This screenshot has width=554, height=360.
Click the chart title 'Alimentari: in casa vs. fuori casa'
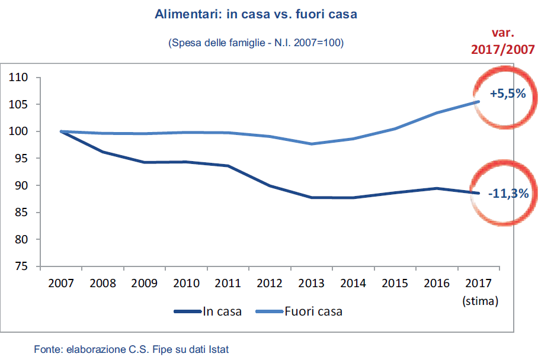pyautogui.click(x=256, y=14)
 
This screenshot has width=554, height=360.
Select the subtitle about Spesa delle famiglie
pyautogui.click(x=256, y=43)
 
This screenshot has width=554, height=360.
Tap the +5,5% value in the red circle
pyautogui.click(x=508, y=94)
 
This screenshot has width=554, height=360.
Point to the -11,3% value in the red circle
pyautogui.click(x=508, y=193)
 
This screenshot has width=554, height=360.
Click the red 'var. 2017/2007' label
pyautogui.click(x=503, y=41)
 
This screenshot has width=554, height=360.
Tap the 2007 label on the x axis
pyautogui.click(x=61, y=284)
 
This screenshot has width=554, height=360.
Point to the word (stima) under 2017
pyautogui.click(x=480, y=301)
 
